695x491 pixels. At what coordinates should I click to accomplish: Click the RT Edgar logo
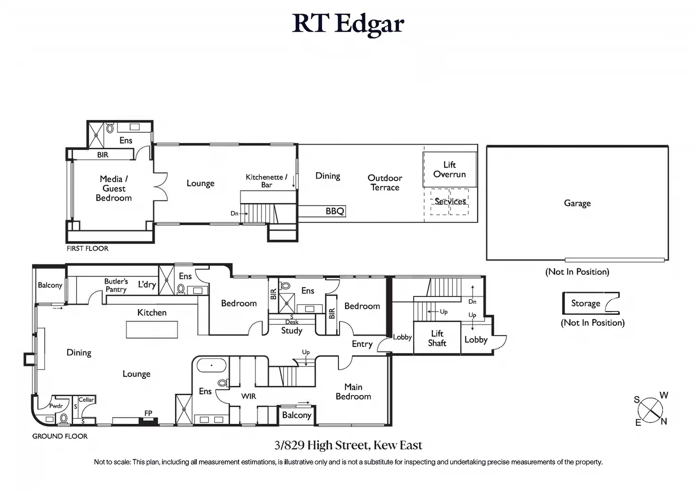pyautogui.click(x=348, y=25)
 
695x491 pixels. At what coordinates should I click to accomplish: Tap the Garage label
pyautogui.click(x=577, y=203)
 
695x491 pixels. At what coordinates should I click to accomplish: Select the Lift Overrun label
pyautogui.click(x=449, y=169)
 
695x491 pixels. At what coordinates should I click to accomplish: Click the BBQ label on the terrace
pyautogui.click(x=335, y=211)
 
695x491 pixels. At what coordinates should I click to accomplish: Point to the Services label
pyautogui.click(x=450, y=202)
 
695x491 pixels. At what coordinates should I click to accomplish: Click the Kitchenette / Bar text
pyautogui.click(x=266, y=181)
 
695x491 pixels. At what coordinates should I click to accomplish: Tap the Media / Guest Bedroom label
pyautogui.click(x=114, y=188)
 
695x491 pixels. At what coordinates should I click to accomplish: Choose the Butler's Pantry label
pyautogui.click(x=116, y=285)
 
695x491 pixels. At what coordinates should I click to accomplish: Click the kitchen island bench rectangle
pyautogui.click(x=152, y=330)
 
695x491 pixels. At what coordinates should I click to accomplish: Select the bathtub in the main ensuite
pyautogui.click(x=212, y=365)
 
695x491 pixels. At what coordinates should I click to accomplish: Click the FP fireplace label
pyautogui.click(x=148, y=413)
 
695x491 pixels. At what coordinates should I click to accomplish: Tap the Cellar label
pyautogui.click(x=86, y=399)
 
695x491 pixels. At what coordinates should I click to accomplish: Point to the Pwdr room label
pyautogui.click(x=56, y=406)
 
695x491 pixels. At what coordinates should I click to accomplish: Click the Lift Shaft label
pyautogui.click(x=437, y=339)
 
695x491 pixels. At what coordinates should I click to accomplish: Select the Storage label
pyautogui.click(x=586, y=304)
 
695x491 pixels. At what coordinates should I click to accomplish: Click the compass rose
pyautogui.click(x=651, y=409)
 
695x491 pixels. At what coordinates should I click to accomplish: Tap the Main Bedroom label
pyautogui.click(x=353, y=392)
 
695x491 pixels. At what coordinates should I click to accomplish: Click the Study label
pyautogui.click(x=292, y=330)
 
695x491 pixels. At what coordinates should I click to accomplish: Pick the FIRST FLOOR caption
pyautogui.click(x=87, y=248)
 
